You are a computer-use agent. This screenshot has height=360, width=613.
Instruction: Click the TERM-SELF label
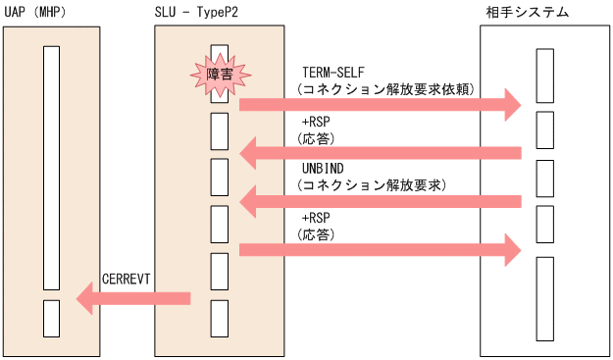(332, 74)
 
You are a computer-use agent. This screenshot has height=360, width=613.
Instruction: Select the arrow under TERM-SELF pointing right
(379, 103)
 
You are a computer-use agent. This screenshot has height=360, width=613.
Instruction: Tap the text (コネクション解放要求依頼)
(386, 88)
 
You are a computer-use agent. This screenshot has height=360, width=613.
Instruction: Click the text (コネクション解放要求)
(373, 184)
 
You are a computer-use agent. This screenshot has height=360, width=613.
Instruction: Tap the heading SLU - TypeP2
(201, 11)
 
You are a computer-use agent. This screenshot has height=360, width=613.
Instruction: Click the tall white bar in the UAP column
(52, 167)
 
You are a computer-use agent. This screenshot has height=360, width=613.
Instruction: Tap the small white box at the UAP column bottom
(52, 318)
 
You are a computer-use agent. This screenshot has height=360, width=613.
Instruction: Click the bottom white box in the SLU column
(220, 318)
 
